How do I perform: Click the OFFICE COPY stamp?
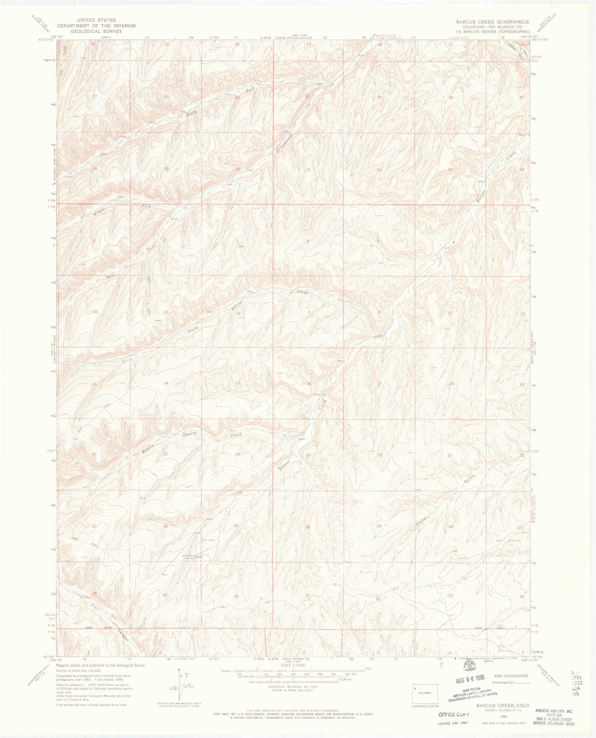pyautogui.click(x=454, y=714)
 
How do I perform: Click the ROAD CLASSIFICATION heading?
pyautogui.click(x=511, y=676)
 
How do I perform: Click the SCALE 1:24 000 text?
pyautogui.click(x=293, y=665)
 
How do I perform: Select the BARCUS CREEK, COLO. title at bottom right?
pyautogui.click(x=494, y=705)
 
